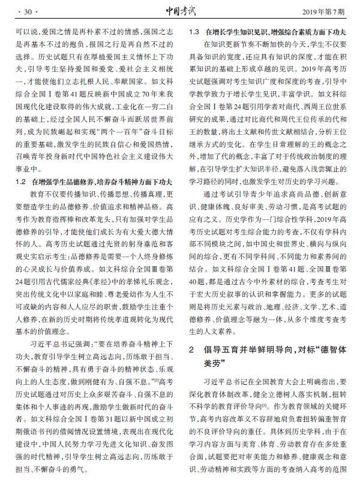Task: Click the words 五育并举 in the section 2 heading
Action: click(x=234, y=349)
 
